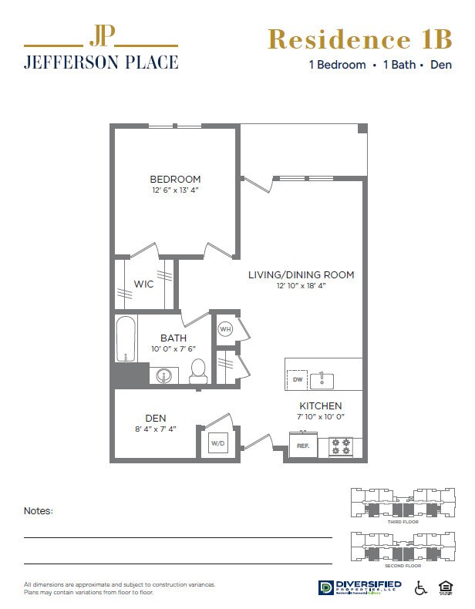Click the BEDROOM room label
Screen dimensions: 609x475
pos(175,179)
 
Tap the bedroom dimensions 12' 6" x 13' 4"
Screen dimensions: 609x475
pos(175,190)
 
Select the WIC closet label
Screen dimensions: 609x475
pos(143,284)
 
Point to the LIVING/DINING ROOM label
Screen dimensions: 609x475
pos(301,274)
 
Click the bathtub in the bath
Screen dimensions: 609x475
pos(125,339)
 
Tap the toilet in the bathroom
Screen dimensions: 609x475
pos(198,371)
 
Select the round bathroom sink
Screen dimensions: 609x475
pos(163,376)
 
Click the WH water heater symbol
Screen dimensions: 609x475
pos(225,329)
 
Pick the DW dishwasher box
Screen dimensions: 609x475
pos(297,380)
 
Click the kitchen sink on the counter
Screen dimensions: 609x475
pos(323,380)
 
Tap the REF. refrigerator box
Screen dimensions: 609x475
pos(302,445)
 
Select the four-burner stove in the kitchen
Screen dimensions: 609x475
pos(341,446)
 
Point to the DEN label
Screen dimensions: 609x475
pos(156,419)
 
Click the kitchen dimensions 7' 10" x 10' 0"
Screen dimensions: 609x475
pos(321,416)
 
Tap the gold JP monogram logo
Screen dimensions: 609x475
pos(100,35)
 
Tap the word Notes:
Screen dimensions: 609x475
pos(39,510)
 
